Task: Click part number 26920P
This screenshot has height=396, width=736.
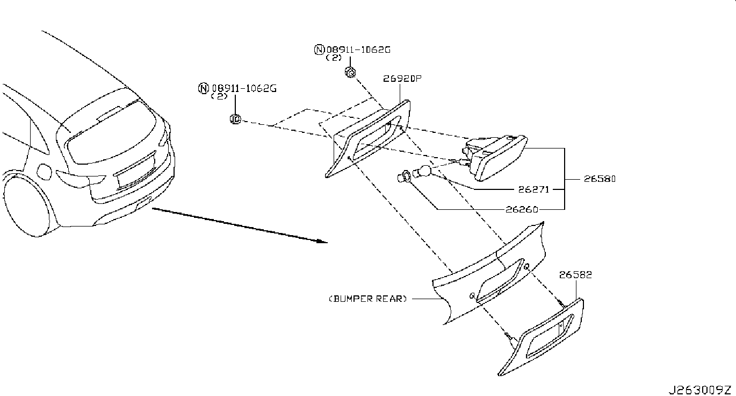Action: pos(402,79)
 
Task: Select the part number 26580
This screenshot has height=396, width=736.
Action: pos(597,179)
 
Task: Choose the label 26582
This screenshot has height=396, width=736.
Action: pos(575,274)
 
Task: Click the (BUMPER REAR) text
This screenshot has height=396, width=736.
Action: pos(367,299)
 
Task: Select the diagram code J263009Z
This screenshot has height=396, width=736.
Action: pos(700,390)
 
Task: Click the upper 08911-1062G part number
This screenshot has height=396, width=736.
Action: pos(357,49)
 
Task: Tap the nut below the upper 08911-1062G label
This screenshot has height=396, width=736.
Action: pos(350,73)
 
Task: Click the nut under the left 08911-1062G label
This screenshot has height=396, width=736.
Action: pos(235,118)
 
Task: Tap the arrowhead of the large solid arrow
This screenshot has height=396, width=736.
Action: pos(322,241)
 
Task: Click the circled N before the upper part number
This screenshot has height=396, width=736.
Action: pos(319,50)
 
